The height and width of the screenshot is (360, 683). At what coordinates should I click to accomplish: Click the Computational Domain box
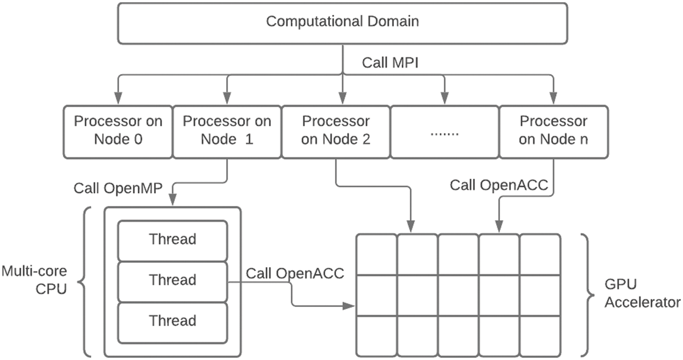(x=342, y=22)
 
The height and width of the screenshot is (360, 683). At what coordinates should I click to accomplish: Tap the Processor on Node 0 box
(x=118, y=131)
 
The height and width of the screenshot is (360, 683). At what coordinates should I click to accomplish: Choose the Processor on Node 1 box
(x=226, y=131)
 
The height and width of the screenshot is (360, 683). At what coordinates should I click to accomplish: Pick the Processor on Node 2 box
(x=335, y=131)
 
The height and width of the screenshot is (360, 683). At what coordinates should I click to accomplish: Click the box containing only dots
(x=444, y=132)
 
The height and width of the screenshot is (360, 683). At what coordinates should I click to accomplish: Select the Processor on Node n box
(x=553, y=131)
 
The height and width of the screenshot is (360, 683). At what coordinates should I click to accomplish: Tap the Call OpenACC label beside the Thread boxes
(x=295, y=273)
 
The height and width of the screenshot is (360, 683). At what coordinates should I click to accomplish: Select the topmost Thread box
(x=173, y=239)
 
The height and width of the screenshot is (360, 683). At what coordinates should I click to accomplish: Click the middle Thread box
(x=173, y=280)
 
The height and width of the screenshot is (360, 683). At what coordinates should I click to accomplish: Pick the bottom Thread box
(x=173, y=321)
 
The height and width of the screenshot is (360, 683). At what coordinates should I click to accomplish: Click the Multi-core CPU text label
(x=34, y=280)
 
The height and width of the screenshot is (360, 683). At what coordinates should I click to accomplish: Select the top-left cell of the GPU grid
(x=376, y=255)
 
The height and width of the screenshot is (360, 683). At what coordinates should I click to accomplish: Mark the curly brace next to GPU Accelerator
(x=586, y=294)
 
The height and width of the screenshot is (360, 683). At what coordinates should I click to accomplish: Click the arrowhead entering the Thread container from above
(x=173, y=201)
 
